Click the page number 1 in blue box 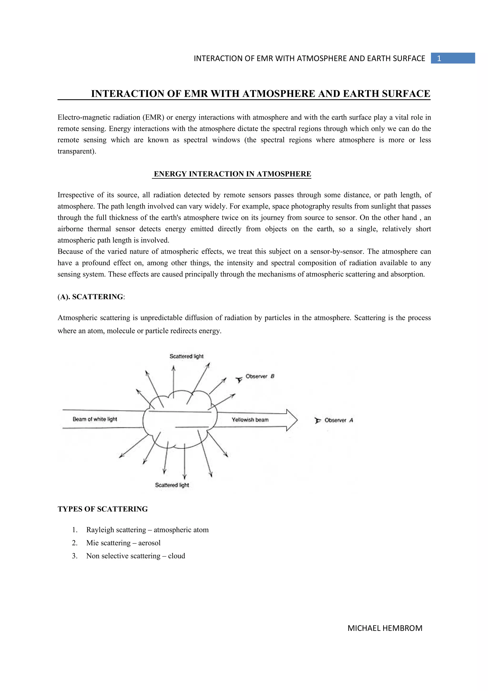point(439,58)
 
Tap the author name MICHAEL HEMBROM point(385,628)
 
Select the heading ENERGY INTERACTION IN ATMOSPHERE point(232,174)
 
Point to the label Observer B point(260,376)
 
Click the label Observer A point(338,420)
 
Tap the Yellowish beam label point(250,420)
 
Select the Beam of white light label point(95,419)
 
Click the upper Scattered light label point(186,356)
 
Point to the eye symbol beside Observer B point(239,380)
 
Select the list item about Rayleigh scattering point(147,530)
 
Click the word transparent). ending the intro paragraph point(77,151)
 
